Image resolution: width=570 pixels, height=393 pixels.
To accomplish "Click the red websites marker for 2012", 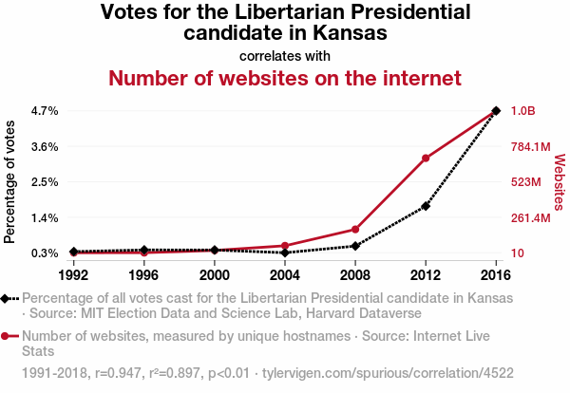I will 426,158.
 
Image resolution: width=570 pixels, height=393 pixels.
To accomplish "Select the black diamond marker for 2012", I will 426,206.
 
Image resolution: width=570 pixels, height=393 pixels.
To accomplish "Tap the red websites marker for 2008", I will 355,230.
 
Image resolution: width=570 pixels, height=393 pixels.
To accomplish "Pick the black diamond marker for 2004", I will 285,253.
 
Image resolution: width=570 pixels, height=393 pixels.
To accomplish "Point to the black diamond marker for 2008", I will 355,246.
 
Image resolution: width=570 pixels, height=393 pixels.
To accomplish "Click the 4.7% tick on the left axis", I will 45,111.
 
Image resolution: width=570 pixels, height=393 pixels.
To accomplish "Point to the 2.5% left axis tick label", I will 45,182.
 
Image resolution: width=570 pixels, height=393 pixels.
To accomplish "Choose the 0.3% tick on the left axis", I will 45,253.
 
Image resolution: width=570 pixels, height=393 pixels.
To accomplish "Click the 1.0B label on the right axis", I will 523,111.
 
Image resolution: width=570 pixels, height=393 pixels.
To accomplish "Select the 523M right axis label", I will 525,182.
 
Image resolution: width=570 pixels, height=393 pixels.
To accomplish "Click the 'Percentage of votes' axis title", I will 11,181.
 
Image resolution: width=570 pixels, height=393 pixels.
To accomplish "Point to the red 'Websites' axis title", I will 560,182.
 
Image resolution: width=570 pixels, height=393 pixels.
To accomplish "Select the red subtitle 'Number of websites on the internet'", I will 285,78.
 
